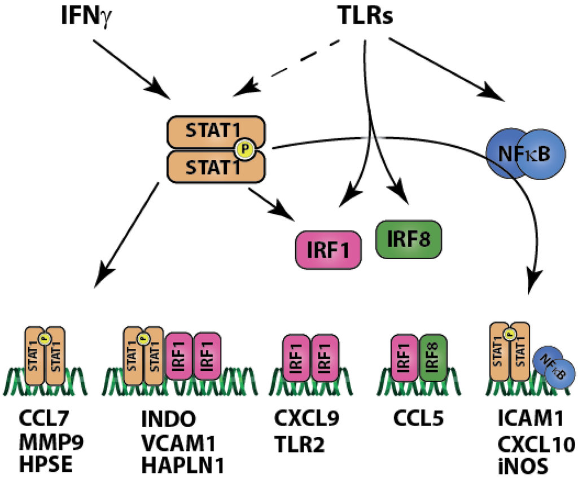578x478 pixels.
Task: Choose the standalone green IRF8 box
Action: pyautogui.click(x=408, y=239)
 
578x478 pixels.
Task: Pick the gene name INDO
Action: pyautogui.click(x=170, y=420)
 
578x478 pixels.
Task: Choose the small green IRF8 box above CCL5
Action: pyautogui.click(x=433, y=358)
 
